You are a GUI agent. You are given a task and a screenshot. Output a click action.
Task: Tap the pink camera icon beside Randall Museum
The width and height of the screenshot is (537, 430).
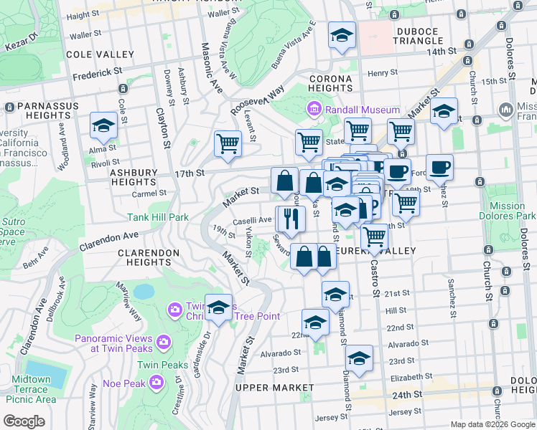point(314,110)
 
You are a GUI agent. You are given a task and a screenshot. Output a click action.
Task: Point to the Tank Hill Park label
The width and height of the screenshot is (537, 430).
point(158,217)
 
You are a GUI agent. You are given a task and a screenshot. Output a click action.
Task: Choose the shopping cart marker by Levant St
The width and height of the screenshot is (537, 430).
point(228,143)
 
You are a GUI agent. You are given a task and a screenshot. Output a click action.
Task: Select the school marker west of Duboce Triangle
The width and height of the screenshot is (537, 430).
point(342,34)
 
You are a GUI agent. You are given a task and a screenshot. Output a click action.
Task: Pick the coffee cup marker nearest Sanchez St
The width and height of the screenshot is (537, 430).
point(439,168)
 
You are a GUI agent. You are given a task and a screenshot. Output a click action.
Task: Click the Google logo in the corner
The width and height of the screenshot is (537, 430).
point(24,421)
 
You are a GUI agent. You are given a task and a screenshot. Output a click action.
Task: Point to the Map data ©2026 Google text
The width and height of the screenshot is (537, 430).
point(492,424)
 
